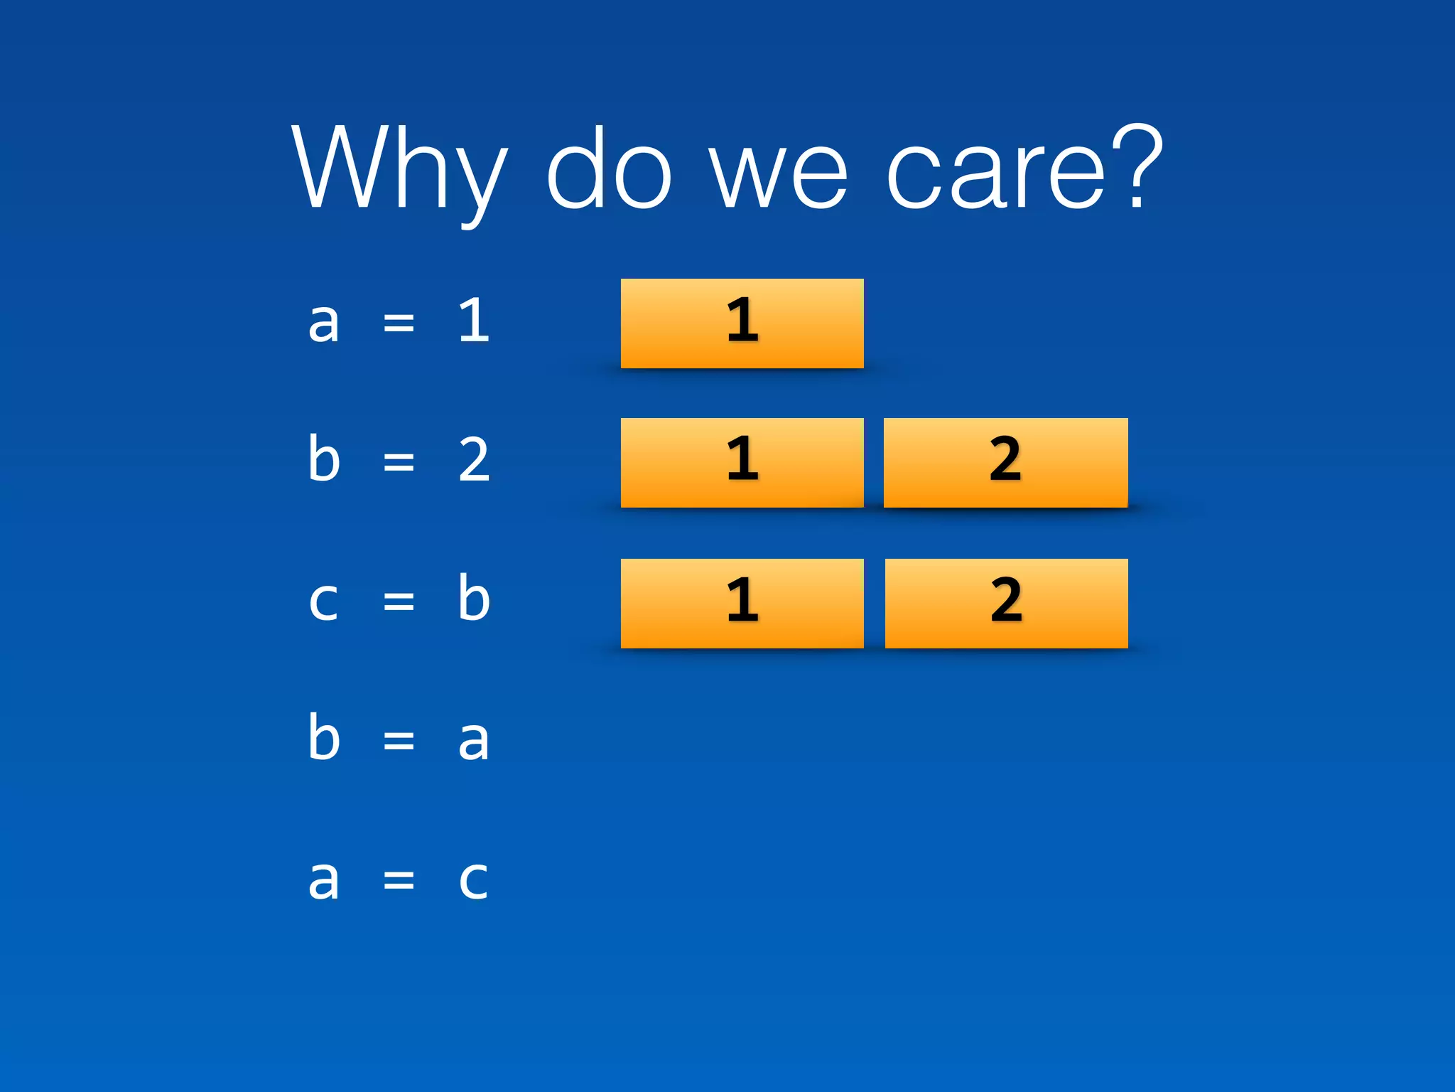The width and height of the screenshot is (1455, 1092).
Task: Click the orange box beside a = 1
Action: [742, 323]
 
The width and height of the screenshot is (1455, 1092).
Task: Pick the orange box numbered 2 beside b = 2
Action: [1005, 463]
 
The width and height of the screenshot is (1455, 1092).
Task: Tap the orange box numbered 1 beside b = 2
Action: [742, 463]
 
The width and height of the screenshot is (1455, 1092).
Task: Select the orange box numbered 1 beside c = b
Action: [742, 604]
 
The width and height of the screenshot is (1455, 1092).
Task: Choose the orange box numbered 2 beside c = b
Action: [1006, 604]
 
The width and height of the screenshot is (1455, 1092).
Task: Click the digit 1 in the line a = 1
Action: [474, 321]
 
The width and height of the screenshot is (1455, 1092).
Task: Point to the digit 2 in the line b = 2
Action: [474, 461]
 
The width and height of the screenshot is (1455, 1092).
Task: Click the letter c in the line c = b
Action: [323, 601]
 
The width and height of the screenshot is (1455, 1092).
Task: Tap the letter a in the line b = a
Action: [474, 741]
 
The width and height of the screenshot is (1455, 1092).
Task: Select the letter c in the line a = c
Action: [473, 880]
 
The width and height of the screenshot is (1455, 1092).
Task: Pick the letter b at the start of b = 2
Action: [324, 458]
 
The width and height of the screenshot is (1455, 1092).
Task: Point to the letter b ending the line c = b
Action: [474, 597]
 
